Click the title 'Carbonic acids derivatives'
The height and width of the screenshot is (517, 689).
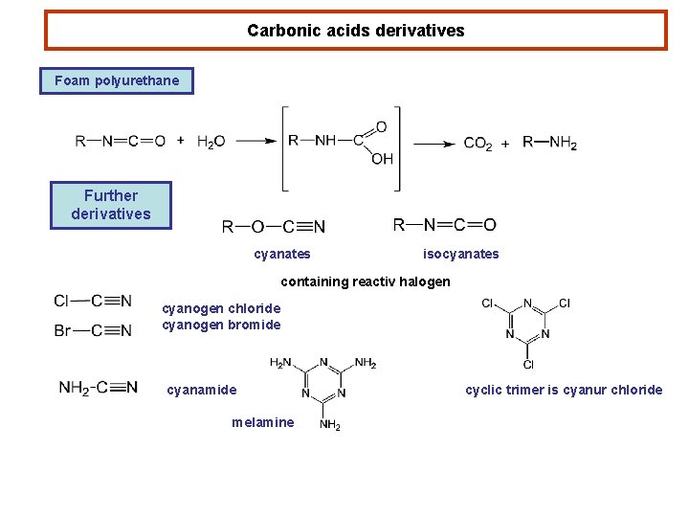tap(355, 31)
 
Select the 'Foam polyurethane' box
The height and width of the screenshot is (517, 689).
tap(117, 80)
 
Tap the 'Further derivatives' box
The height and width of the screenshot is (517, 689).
tap(111, 205)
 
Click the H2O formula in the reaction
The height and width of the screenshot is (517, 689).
tap(211, 142)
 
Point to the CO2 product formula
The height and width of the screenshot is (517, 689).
tap(478, 144)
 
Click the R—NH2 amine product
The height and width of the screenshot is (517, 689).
tap(549, 143)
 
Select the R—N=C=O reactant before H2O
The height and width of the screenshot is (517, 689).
tap(121, 142)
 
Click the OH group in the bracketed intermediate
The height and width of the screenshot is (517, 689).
tap(382, 159)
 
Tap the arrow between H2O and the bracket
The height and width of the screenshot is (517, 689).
tap(256, 142)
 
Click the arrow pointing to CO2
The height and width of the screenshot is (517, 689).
tap(433, 144)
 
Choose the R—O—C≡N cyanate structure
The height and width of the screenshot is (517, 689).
tap(274, 227)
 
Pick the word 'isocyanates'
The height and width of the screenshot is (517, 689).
tap(460, 254)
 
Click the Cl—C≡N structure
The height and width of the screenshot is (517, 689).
tap(93, 301)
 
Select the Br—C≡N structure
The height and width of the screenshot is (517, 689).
tap(93, 330)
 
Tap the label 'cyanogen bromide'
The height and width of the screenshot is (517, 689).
tap(221, 325)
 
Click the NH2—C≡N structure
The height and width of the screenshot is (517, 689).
tap(98, 388)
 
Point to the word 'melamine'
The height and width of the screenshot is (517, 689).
tap(262, 422)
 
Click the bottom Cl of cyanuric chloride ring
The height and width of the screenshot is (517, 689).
tap(527, 364)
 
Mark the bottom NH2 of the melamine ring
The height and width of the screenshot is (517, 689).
tap(329, 425)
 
